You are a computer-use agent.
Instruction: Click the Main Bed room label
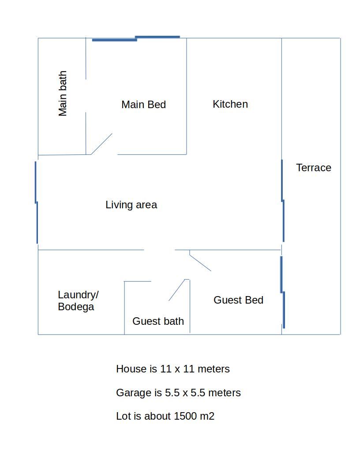point(144,105)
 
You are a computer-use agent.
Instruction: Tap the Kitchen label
point(230,104)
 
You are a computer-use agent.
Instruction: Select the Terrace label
point(314,168)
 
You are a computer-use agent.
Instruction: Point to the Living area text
point(131,205)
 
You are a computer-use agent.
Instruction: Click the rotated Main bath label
point(63,93)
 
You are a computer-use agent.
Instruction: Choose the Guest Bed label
point(239,300)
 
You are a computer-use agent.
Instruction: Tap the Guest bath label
point(158,321)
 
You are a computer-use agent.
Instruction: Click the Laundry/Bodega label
point(78,301)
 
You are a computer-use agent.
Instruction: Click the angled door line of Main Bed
point(101,144)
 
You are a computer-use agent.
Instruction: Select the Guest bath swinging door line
point(177,290)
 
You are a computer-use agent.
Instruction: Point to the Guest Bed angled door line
point(200,263)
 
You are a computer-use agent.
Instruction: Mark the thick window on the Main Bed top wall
point(136,38)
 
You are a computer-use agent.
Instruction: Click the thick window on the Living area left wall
point(36,203)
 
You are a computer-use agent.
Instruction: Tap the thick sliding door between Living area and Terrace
point(283,201)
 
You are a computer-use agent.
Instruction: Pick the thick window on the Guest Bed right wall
point(283,292)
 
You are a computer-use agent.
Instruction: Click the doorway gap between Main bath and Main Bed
point(86,96)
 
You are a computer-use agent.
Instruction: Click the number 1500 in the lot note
point(185,416)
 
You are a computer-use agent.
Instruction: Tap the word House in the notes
point(131,369)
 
